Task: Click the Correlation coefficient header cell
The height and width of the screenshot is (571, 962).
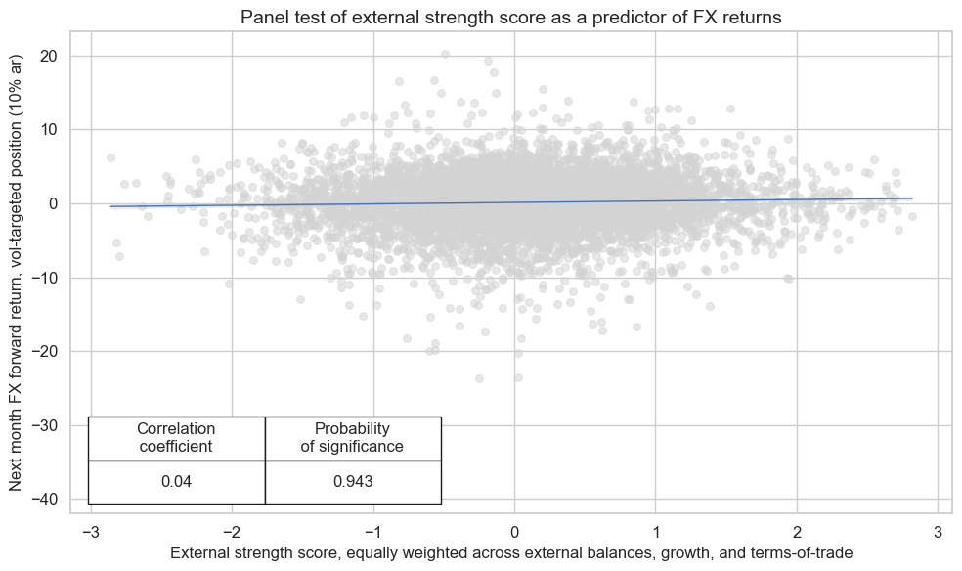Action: click(176, 438)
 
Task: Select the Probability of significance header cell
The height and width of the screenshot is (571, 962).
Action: click(352, 438)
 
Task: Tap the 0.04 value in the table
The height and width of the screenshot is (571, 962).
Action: click(176, 482)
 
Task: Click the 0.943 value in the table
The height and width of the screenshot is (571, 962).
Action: click(352, 482)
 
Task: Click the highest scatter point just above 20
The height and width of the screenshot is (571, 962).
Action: click(445, 55)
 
